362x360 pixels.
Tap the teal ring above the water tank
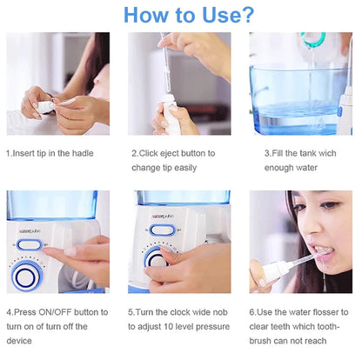[x=313, y=39]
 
